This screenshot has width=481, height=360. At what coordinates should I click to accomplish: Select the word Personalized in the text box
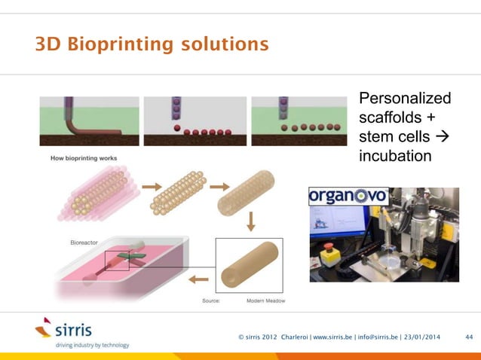405,99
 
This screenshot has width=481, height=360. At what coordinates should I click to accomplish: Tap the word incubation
396,156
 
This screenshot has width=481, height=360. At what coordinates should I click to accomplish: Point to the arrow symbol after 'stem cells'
443,137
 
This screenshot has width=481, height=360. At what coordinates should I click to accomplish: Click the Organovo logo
348,196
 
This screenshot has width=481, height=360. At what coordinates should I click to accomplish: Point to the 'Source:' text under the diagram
210,302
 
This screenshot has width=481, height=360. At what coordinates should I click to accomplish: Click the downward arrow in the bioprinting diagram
250,222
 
